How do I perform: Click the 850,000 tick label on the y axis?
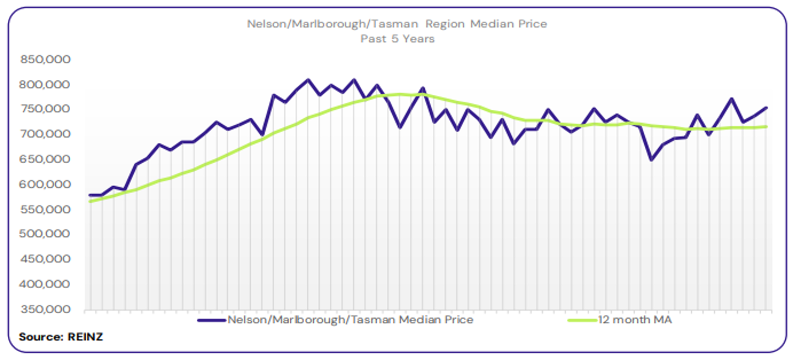coord(46,59)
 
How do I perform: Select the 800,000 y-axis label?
coord(46,85)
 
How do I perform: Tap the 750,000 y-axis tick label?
coord(46,109)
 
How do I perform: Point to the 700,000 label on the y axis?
coord(46,134)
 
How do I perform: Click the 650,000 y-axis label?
coord(46,160)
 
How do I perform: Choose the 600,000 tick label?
coord(46,184)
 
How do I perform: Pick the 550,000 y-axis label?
coord(46,209)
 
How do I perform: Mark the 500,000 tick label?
coord(46,234)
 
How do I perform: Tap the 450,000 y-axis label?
coord(46,259)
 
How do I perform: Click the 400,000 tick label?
coord(46,284)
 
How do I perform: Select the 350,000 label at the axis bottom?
coord(46,310)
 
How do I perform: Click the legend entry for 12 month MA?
coord(635,320)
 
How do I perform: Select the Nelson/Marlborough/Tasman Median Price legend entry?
coord(350,320)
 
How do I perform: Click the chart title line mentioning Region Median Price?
coord(396,25)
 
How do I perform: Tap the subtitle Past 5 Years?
coord(397,38)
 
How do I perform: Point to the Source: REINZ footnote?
coord(61,337)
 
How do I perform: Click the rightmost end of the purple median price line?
coord(767,108)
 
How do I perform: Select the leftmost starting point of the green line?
coord(90,202)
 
